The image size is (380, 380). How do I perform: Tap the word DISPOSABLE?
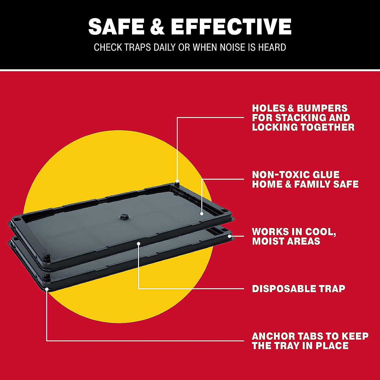point(280,289)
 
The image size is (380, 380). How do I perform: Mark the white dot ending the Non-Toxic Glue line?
point(202,214)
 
